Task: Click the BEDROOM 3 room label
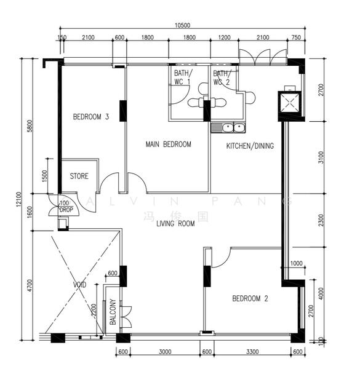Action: tap(91, 117)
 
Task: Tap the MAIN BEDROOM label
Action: tap(168, 145)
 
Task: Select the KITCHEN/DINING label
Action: tap(250, 146)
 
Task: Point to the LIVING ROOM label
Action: tap(175, 224)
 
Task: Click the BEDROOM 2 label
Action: tap(250, 299)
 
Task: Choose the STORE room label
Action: tap(79, 177)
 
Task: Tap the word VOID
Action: tap(79, 285)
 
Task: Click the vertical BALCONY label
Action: tap(113, 312)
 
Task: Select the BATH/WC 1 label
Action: tap(182, 77)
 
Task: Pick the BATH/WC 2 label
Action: tap(221, 77)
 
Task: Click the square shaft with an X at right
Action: tap(288, 103)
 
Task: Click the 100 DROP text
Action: tap(65, 206)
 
